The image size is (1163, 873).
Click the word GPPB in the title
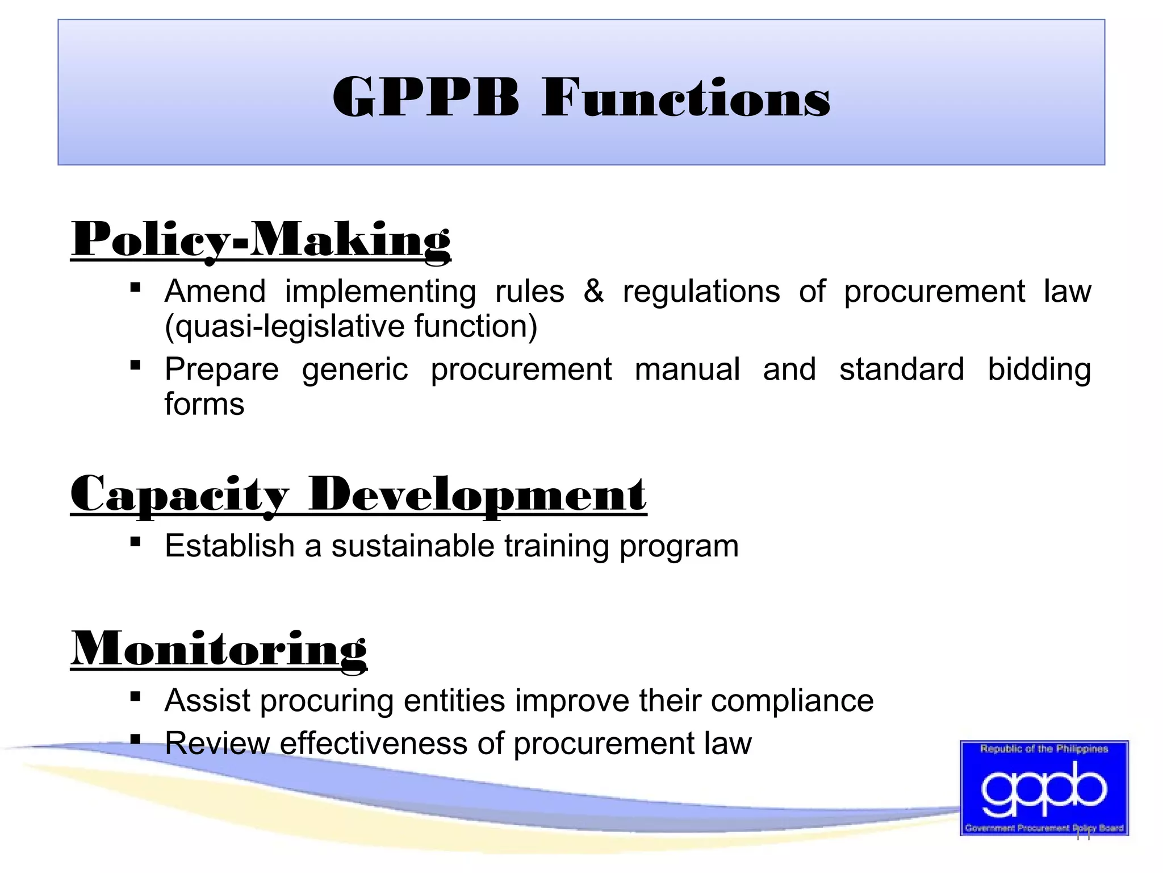click(x=426, y=98)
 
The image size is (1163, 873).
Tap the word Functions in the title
click(x=685, y=98)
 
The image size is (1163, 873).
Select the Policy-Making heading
click(x=261, y=240)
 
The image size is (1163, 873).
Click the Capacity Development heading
click(x=358, y=494)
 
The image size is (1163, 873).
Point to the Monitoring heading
click(x=219, y=650)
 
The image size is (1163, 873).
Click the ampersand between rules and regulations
click(x=593, y=292)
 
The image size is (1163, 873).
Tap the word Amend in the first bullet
click(x=215, y=292)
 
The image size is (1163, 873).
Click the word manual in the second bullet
click(x=687, y=369)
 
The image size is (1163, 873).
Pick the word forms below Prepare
click(x=204, y=405)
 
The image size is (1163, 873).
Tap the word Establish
click(x=229, y=546)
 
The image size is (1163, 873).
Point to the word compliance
click(x=792, y=701)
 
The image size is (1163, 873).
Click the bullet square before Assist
click(x=135, y=696)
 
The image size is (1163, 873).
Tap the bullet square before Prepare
click(x=135, y=365)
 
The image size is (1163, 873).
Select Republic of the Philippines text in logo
click(x=1044, y=749)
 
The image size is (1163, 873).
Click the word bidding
click(x=1039, y=369)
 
